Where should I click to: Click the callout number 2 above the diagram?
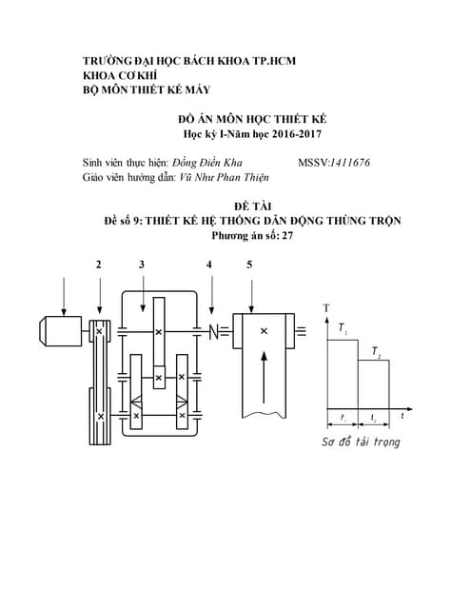tap(99, 265)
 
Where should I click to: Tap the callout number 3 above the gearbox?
tap(142, 265)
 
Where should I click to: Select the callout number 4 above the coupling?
tap(208, 265)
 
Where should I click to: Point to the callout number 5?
tap(249, 265)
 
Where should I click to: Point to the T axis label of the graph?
tap(326, 307)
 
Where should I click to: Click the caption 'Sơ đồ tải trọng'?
tap(360, 442)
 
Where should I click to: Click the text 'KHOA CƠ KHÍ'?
tap(122, 76)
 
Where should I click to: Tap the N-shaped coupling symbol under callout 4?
tap(214, 331)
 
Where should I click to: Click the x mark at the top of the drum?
tap(264, 330)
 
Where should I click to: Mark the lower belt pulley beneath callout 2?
tap(99, 416)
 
